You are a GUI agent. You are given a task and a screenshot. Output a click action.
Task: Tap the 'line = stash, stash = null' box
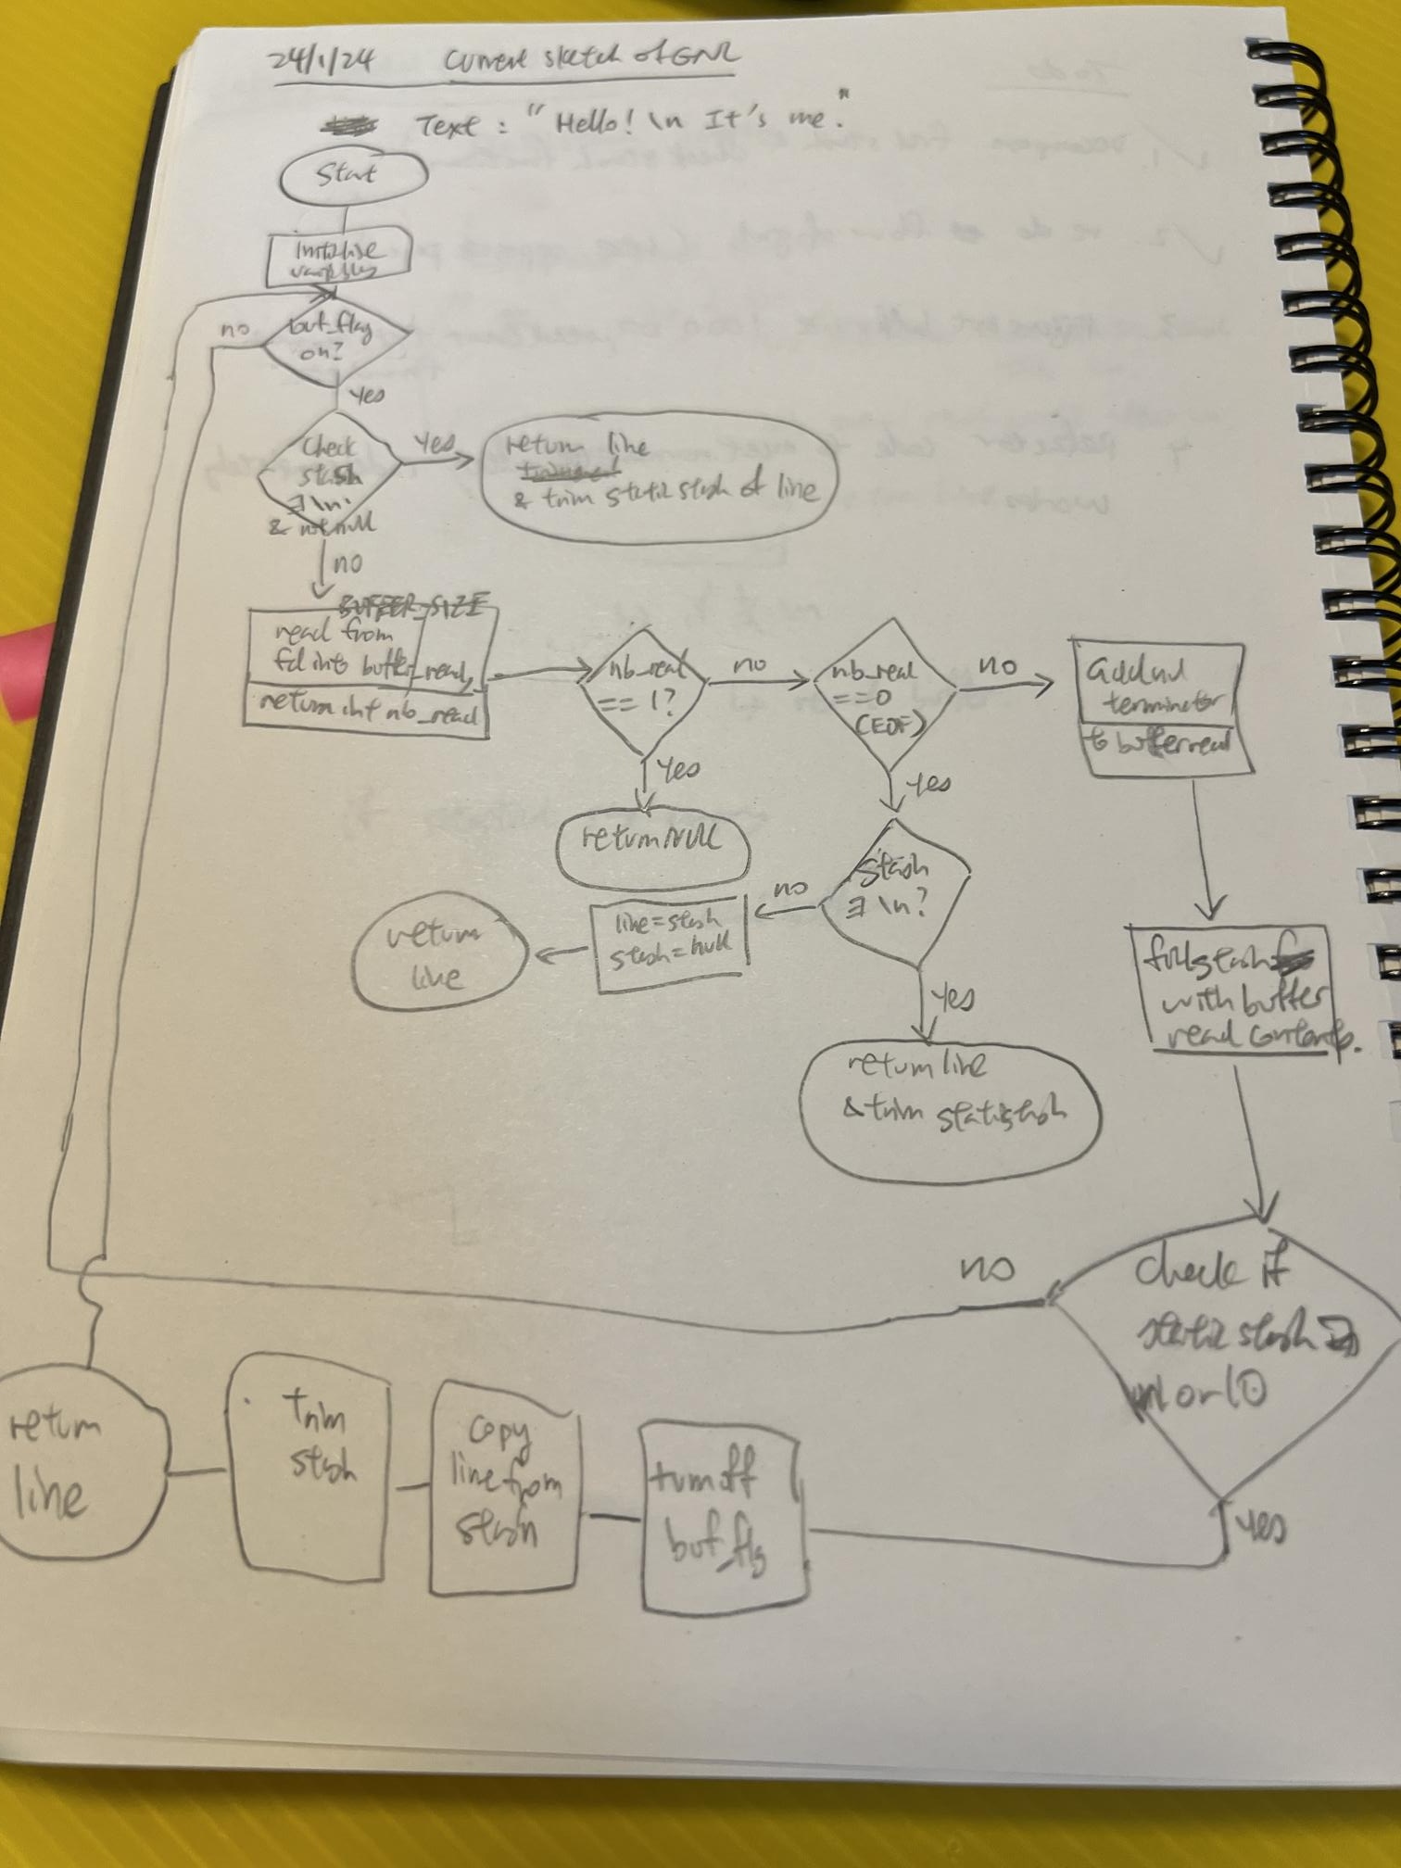[670, 941]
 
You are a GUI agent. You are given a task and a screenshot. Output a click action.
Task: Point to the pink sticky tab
[25, 673]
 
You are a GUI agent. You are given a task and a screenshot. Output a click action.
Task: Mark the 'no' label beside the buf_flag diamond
[234, 330]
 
